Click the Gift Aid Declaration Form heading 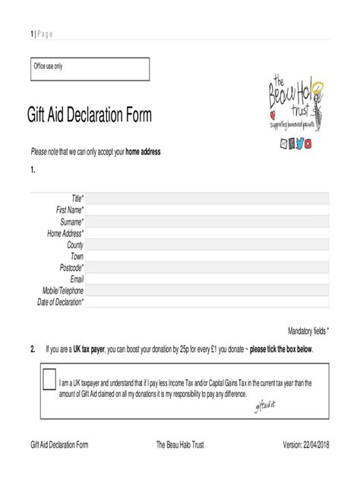click(x=89, y=116)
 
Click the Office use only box click(x=90, y=69)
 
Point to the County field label click(x=75, y=244)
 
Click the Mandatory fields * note click(x=308, y=331)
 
